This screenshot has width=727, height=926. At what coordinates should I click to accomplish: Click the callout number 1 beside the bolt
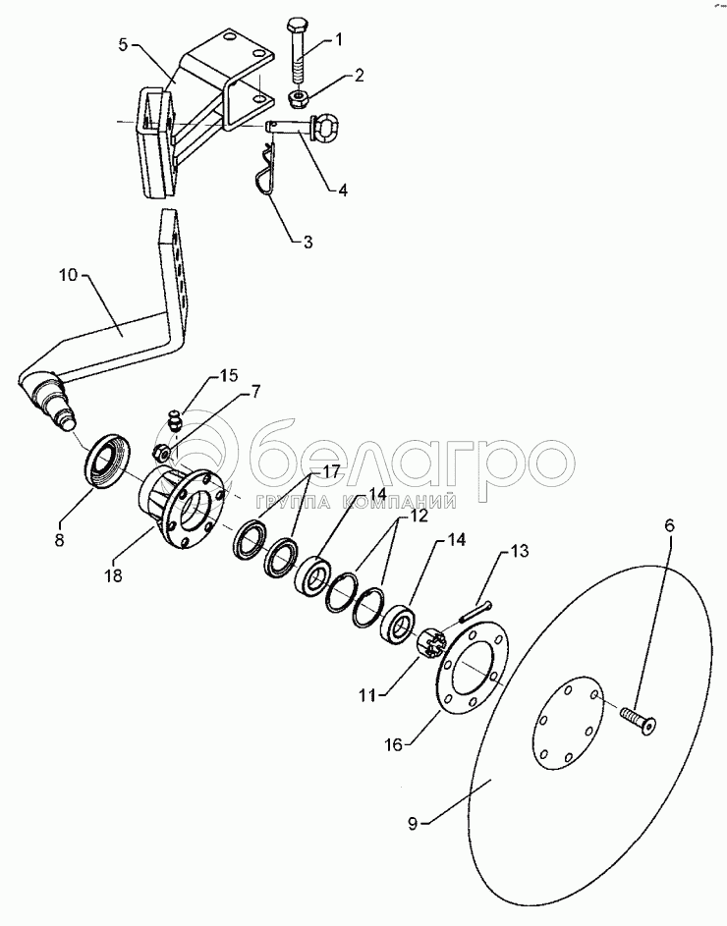coord(339,40)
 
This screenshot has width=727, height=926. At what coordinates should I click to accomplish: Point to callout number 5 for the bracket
coord(123,46)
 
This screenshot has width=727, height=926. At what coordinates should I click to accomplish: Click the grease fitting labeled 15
coord(174,421)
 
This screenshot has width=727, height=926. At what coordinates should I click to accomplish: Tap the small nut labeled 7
coord(161,454)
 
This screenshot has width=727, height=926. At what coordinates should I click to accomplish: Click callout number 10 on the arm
coord(69,275)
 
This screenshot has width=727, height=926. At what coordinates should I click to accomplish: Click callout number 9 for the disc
coord(414,823)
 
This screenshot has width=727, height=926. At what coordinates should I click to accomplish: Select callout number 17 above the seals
coord(330,472)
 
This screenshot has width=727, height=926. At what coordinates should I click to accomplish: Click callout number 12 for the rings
coord(419,516)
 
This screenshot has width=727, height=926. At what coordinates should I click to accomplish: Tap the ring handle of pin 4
coord(324,127)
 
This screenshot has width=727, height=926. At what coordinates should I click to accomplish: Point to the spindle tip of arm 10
coord(66,420)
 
